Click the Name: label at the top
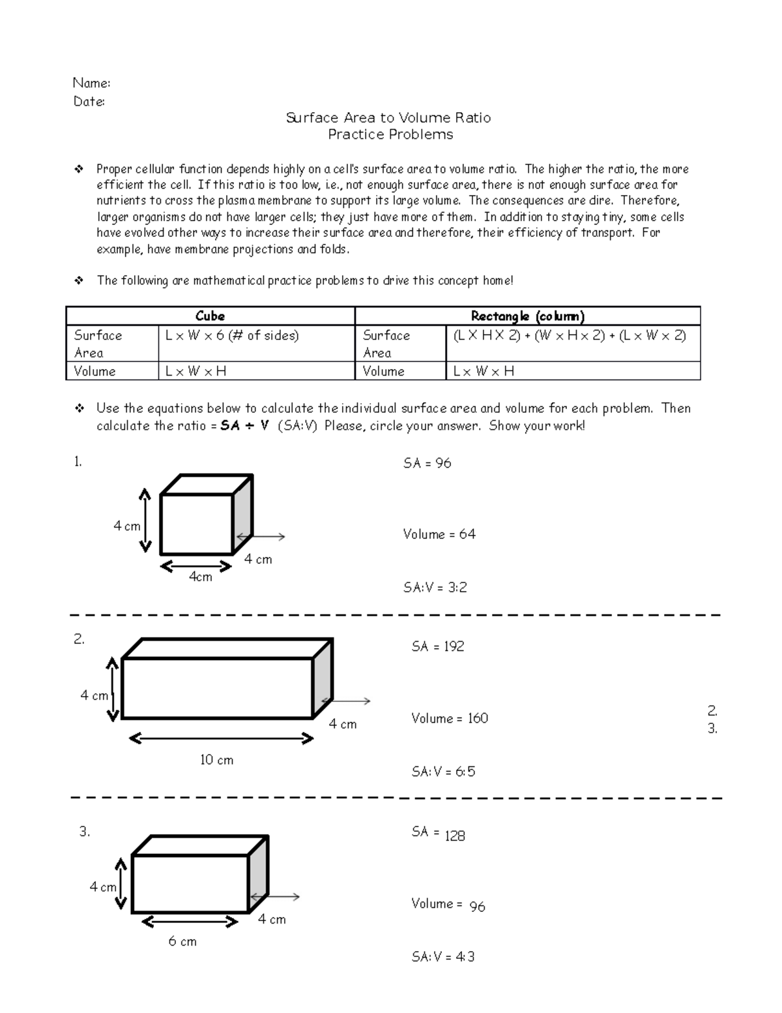[x=91, y=83]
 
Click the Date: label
[x=89, y=102]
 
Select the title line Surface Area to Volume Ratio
[x=388, y=118]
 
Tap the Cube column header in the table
[x=210, y=316]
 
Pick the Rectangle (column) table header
[x=527, y=316]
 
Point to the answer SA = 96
[x=427, y=463]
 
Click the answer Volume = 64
[x=439, y=534]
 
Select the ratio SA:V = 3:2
[x=435, y=587]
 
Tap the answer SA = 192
[x=437, y=646]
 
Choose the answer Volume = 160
[x=450, y=718]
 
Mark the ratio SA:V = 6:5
[x=443, y=772]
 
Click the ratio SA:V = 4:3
[x=443, y=957]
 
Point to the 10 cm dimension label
[x=216, y=760]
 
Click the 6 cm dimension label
[x=182, y=941]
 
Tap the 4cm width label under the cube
[x=201, y=577]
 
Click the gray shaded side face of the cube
[x=242, y=515]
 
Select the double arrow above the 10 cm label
[x=222, y=738]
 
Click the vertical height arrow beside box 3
[x=121, y=884]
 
